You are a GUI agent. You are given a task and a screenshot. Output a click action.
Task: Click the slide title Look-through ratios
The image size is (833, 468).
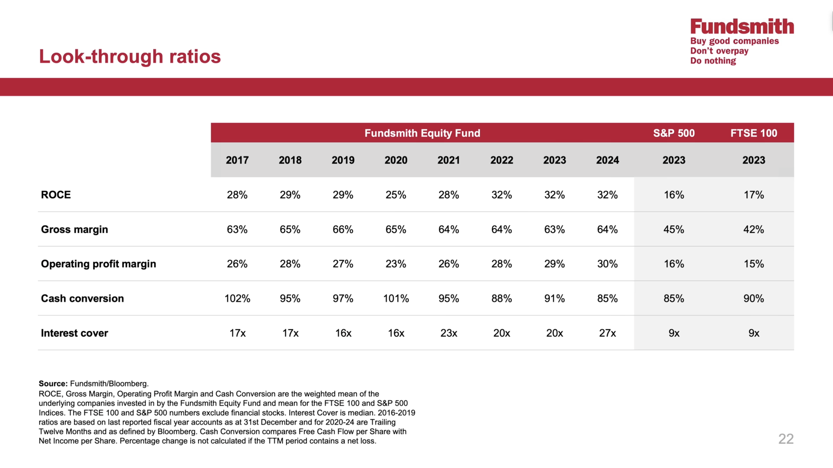pos(130,56)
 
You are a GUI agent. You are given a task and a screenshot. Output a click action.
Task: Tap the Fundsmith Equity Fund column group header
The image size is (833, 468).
pos(422,133)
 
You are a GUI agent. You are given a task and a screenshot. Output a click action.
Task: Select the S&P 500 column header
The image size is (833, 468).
pos(674,133)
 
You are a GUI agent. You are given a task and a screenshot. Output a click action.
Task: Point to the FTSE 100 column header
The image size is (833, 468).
pos(754,133)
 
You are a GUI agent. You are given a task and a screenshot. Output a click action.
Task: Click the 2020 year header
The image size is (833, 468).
pos(396,160)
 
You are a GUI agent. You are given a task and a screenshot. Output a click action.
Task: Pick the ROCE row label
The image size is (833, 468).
pos(56,195)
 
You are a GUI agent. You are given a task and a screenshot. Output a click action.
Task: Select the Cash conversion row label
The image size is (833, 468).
pos(82,298)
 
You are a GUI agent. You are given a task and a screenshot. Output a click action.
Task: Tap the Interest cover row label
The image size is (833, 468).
pos(75,333)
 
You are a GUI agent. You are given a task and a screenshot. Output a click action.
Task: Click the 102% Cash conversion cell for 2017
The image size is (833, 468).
pos(237,298)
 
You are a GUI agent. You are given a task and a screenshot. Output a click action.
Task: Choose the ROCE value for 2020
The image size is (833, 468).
pos(396,195)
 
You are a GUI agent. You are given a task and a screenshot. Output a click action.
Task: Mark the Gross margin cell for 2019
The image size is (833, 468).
pos(343,229)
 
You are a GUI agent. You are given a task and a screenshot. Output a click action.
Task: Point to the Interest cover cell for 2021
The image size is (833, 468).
pos(449,333)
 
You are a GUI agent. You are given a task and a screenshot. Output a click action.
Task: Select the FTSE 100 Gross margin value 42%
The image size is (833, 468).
pos(754,229)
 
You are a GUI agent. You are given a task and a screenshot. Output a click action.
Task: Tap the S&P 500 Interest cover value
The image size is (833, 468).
pos(674,333)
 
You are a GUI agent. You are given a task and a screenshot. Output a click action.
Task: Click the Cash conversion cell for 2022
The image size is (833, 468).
pos(501,298)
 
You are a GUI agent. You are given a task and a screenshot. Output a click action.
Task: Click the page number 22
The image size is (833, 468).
pos(786,439)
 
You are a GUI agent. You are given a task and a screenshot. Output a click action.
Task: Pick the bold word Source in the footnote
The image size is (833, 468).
pos(53,384)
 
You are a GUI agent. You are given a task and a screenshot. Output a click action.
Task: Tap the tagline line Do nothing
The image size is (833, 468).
pos(713,61)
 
